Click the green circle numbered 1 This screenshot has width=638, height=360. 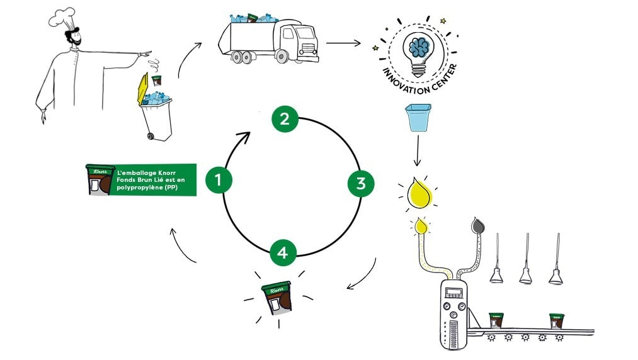218,181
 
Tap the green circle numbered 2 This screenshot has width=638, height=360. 285,119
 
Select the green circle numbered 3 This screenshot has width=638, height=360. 360,183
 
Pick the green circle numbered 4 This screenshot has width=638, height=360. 283,253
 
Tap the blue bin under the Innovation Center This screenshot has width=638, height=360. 418,118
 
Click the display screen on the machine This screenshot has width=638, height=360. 453,292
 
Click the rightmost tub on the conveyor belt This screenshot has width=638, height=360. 556,321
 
